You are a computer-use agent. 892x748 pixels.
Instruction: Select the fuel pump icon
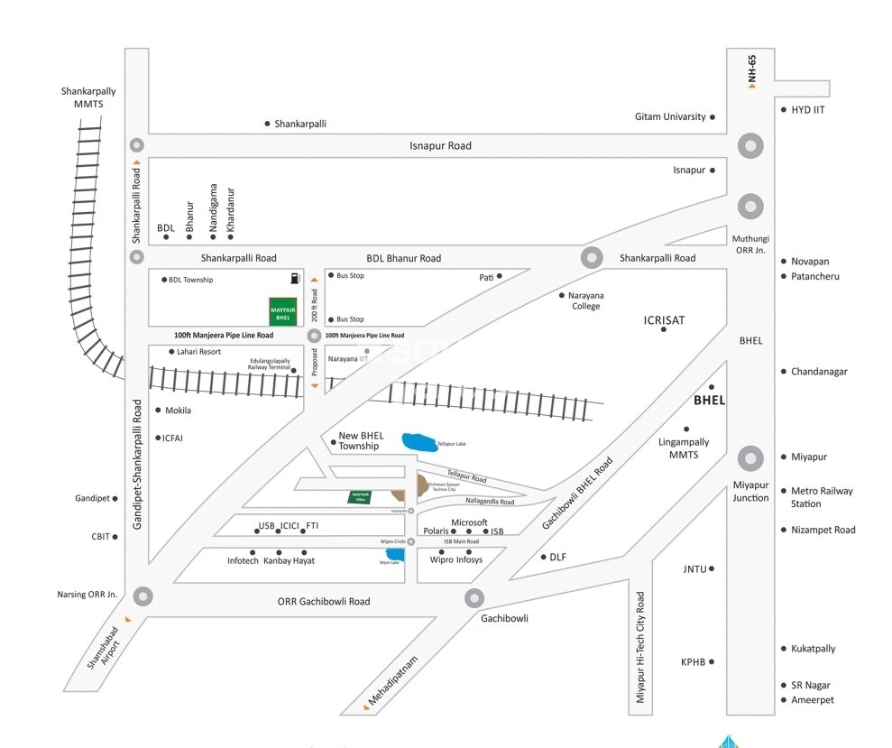pyautogui.click(x=295, y=278)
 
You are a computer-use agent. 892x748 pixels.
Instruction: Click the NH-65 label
pyautogui.click(x=752, y=71)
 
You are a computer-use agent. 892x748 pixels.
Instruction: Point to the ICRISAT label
pyautogui.click(x=664, y=319)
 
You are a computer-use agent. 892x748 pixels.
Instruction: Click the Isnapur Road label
pyautogui.click(x=440, y=146)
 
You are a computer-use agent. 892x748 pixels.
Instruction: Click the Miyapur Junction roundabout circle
pyautogui.click(x=750, y=458)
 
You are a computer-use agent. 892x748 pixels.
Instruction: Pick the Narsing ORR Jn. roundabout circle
pyautogui.click(x=143, y=596)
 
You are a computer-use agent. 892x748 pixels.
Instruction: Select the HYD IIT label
pyautogui.click(x=808, y=110)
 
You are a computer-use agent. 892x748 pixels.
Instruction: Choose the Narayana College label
pyautogui.click(x=585, y=300)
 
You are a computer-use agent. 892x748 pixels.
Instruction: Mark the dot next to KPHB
pyautogui.click(x=712, y=661)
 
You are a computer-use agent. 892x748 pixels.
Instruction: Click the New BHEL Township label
pyautogui.click(x=359, y=441)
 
